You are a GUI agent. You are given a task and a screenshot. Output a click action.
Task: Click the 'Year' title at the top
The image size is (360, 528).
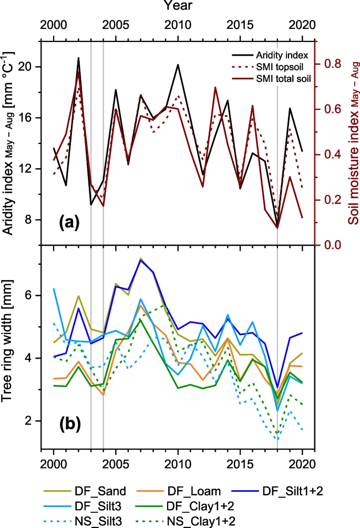178,6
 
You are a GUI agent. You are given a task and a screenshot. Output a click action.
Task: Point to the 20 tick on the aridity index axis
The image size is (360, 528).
29,67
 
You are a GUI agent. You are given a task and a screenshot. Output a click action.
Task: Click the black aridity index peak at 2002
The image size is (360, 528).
79,58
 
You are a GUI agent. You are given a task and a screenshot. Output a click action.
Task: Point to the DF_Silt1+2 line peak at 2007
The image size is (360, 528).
140,260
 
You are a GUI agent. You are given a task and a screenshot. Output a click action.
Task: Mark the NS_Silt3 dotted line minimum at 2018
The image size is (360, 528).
277,439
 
